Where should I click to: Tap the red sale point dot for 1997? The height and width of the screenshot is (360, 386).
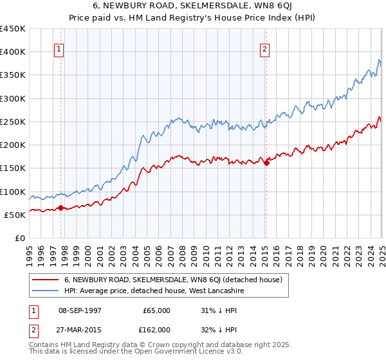(60, 208)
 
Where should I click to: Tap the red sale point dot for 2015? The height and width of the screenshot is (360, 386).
(266, 163)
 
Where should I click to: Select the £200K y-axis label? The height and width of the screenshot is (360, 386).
(13, 145)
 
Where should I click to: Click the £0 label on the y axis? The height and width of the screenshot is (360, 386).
(20, 239)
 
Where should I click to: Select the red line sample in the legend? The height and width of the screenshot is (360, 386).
(46, 280)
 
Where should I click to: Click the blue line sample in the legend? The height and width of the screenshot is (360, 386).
(46, 291)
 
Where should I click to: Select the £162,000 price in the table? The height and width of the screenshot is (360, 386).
(156, 329)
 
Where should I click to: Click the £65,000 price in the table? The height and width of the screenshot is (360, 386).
(157, 310)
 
